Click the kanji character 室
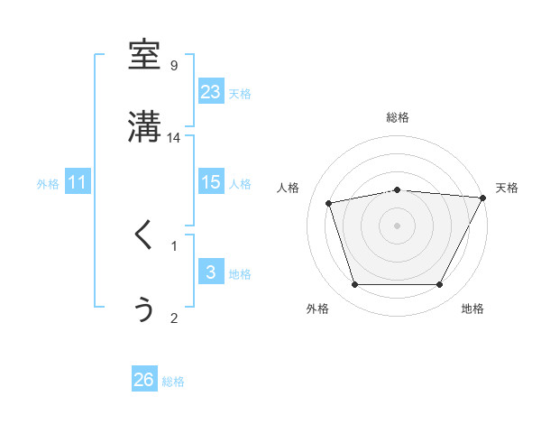click(x=144, y=55)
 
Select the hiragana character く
click(x=143, y=235)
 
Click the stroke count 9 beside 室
click(x=174, y=65)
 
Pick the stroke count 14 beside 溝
click(x=174, y=137)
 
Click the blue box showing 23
click(x=210, y=92)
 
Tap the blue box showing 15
click(x=210, y=182)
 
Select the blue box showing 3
click(x=210, y=272)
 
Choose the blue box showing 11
click(x=78, y=182)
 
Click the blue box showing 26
click(x=143, y=380)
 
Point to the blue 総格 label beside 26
click(x=173, y=382)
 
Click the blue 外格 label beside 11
click(x=48, y=184)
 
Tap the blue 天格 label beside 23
click(x=240, y=94)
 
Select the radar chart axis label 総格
click(x=397, y=117)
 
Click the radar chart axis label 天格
click(x=507, y=188)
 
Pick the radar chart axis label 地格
click(x=472, y=309)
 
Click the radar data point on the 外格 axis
click(x=354, y=285)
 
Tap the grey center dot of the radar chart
click(x=397, y=225)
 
